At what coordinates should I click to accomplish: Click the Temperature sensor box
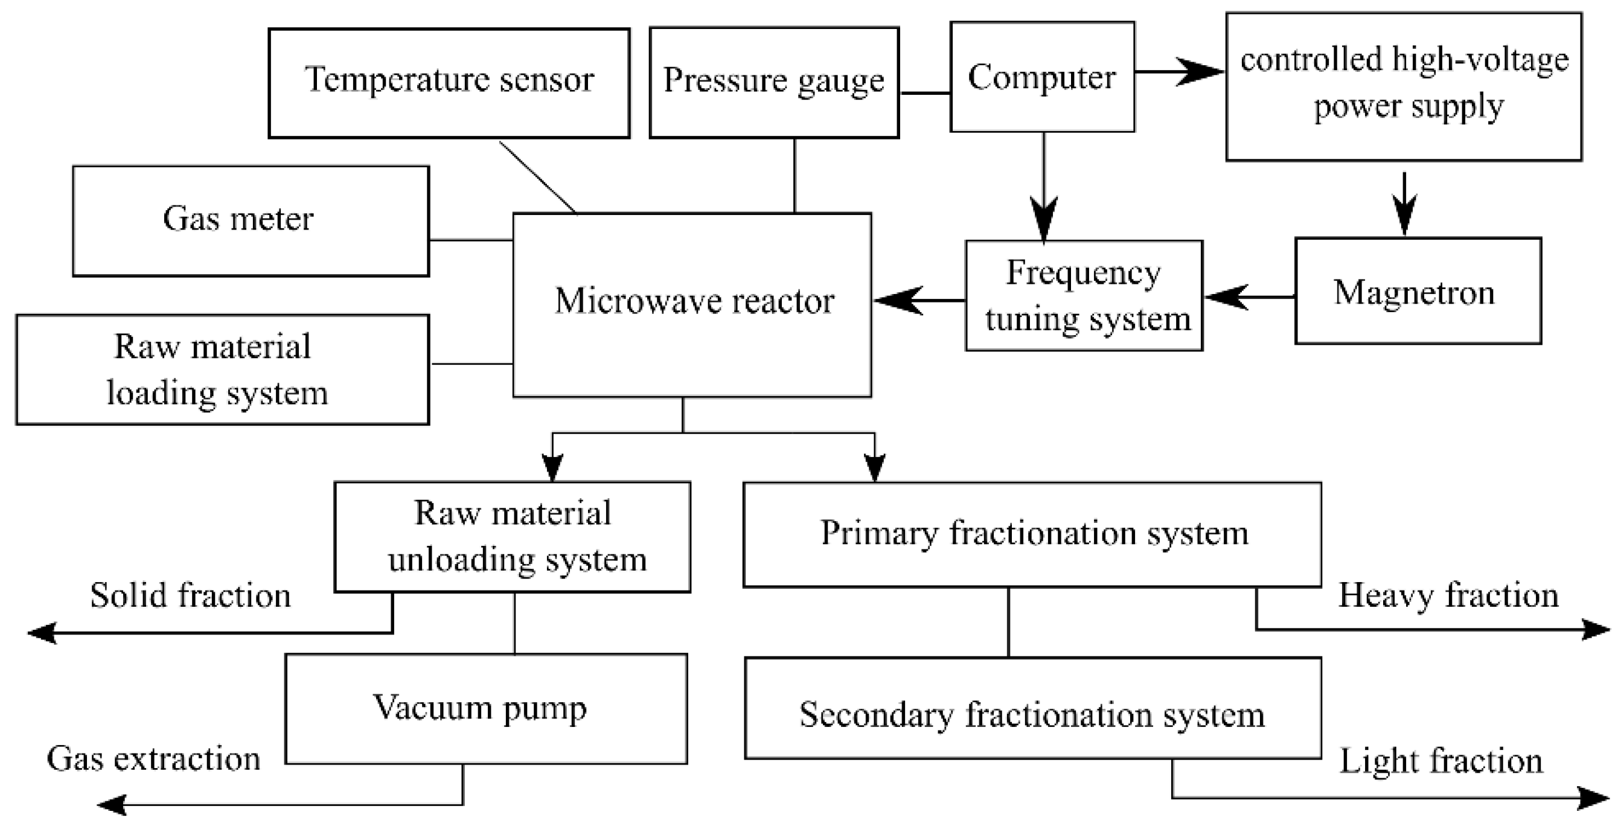[449, 83]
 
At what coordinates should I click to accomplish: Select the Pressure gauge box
[773, 82]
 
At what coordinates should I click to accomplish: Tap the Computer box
[1041, 77]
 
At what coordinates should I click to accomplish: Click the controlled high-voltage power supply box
[1403, 86]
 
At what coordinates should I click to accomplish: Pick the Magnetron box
[1417, 291]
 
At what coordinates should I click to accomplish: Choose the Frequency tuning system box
[1084, 295]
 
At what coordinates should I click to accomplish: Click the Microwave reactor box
[692, 305]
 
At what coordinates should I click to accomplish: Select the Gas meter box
[251, 221]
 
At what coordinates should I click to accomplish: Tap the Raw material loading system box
[222, 370]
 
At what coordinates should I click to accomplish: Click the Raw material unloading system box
[511, 536]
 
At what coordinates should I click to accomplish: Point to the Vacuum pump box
[485, 708]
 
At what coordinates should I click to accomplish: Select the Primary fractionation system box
[1031, 534]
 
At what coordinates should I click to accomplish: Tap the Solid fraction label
[191, 595]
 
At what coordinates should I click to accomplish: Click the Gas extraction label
[153, 758]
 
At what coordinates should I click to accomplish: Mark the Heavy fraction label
[1448, 595]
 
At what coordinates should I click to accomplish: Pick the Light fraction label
[1440, 760]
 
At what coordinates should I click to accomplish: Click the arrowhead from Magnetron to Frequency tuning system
[1223, 296]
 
